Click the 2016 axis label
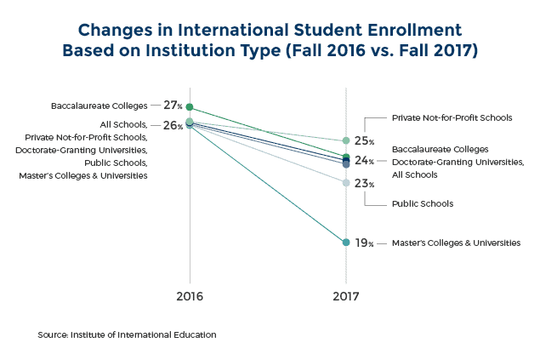[x=189, y=298]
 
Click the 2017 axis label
[x=345, y=298]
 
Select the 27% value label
[x=173, y=106]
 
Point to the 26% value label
[x=173, y=125]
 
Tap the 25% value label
[x=365, y=140]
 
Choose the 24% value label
[x=365, y=161]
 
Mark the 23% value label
[x=365, y=183]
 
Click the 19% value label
[x=365, y=243]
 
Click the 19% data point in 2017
[x=346, y=243]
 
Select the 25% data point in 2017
[x=346, y=140]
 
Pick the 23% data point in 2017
[x=346, y=183]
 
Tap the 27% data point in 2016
[x=189, y=107]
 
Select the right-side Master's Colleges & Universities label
[x=456, y=243]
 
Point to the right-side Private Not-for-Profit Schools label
[x=452, y=117]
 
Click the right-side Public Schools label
[x=422, y=203]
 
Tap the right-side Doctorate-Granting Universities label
[x=458, y=162]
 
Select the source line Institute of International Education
[x=127, y=334]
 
